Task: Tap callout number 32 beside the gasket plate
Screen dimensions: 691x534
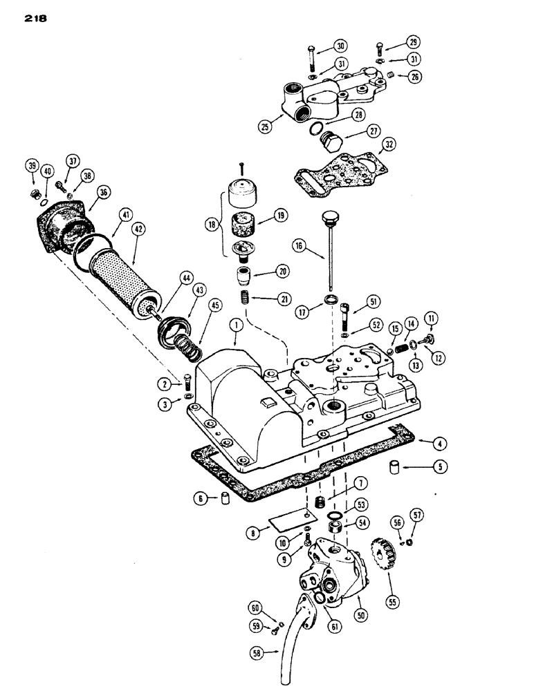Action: pos(389,146)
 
